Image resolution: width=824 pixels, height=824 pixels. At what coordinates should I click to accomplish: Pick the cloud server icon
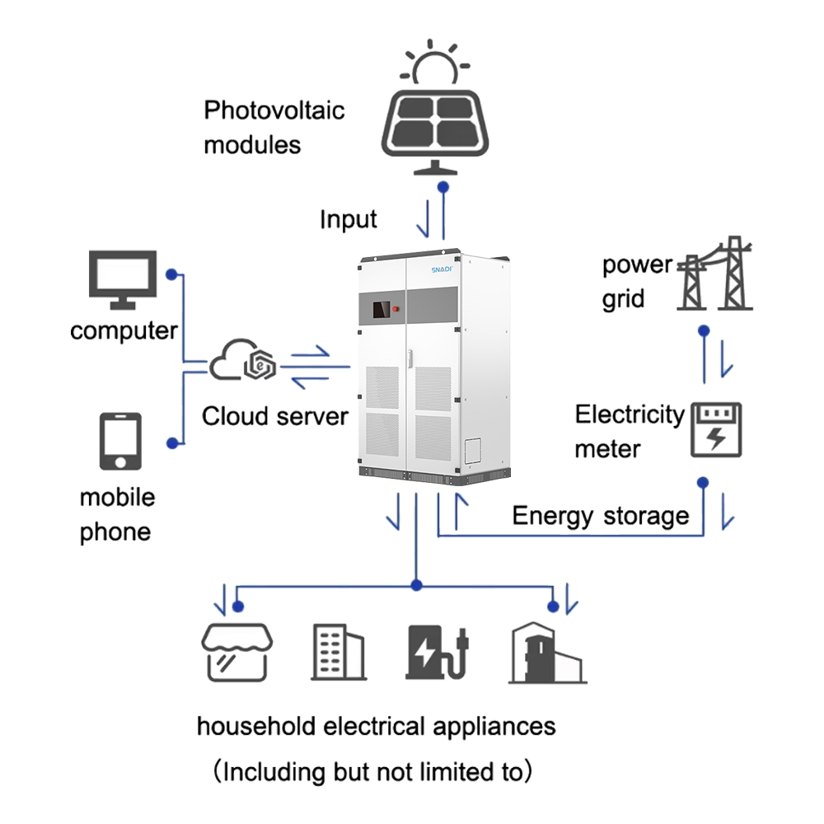click(244, 363)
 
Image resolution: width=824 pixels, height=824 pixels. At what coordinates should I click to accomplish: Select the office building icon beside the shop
click(338, 651)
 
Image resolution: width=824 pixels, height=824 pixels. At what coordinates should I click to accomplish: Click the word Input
click(348, 220)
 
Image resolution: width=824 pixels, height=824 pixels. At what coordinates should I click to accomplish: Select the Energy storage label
click(600, 517)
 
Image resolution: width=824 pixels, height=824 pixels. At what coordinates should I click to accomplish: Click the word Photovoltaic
click(274, 110)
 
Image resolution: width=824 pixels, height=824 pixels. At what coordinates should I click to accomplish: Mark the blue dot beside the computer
click(171, 274)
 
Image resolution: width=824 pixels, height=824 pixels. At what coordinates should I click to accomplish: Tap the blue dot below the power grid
click(704, 330)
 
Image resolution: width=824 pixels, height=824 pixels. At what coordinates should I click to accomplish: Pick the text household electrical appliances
click(376, 727)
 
